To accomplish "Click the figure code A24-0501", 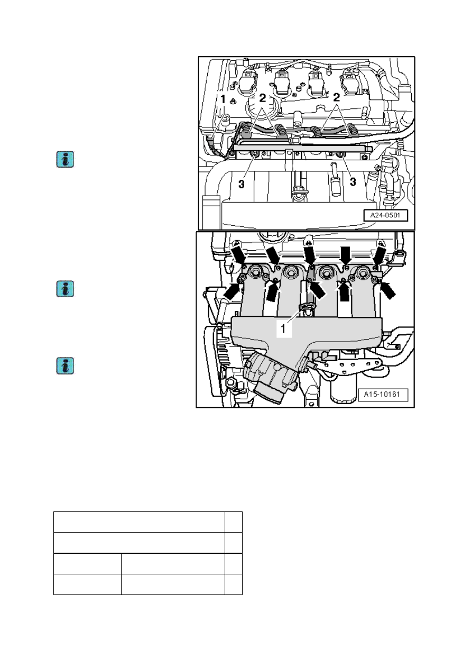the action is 385,215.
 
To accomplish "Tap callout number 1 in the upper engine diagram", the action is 223,99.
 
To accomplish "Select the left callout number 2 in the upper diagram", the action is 262,98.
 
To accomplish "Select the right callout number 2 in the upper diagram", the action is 336,97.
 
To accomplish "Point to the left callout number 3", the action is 242,184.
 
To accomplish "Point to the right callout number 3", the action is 353,181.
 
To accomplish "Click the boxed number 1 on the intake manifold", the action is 284,328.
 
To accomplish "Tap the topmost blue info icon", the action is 65,159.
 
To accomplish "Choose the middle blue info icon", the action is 65,289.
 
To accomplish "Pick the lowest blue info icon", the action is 65,366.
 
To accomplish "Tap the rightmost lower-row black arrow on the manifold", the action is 388,290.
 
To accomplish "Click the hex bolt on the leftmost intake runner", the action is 255,272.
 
